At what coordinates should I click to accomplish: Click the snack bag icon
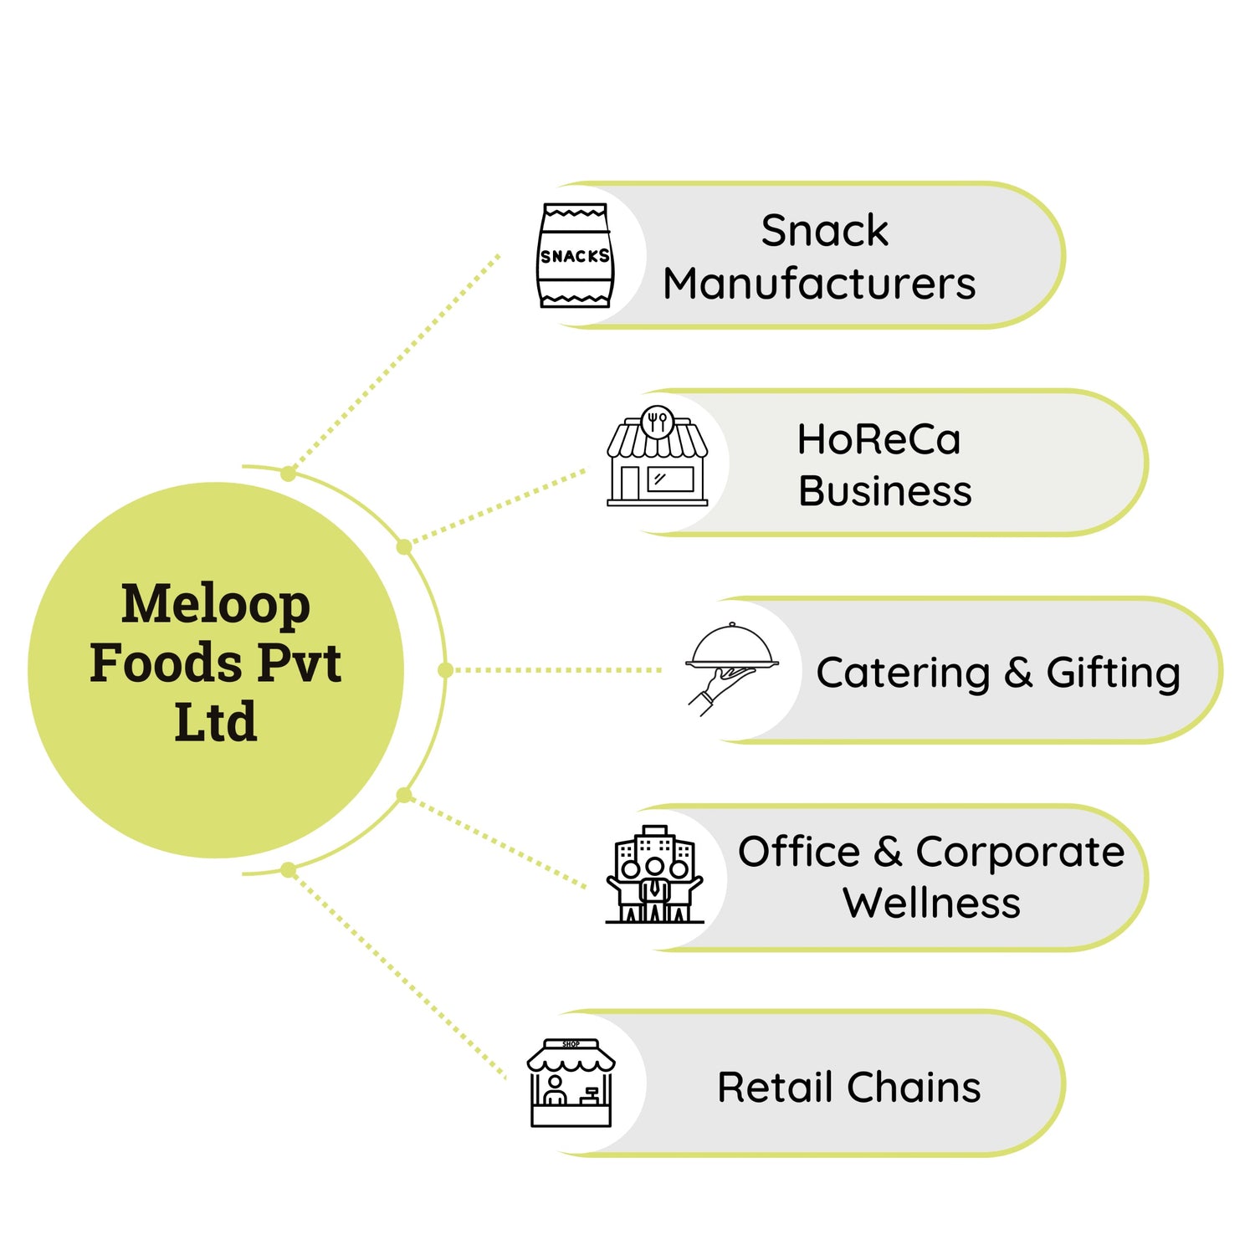(x=574, y=255)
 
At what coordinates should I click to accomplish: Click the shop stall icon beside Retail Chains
(x=571, y=1083)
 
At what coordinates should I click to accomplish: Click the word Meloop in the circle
(x=216, y=604)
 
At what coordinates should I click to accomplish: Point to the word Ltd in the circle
(x=216, y=722)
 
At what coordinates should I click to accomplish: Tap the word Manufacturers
(x=819, y=284)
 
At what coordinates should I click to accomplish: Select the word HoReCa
(x=878, y=439)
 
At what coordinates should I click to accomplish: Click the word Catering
(x=903, y=674)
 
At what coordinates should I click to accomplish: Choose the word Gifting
(x=1113, y=674)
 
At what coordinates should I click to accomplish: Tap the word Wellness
(x=931, y=903)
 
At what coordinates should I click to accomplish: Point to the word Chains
(x=914, y=1088)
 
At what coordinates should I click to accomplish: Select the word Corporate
(x=1020, y=853)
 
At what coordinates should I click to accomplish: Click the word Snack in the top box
(x=824, y=230)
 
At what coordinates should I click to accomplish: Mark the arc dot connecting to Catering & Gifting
(x=445, y=669)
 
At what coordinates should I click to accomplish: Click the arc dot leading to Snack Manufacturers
(x=289, y=474)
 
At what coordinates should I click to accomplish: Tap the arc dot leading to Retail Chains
(x=289, y=871)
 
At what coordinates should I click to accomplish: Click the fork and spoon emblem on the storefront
(x=657, y=421)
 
